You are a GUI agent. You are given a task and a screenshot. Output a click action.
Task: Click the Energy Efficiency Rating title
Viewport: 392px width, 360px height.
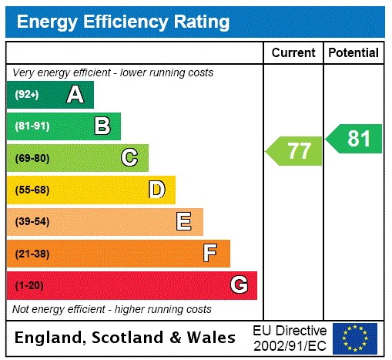coord(123,22)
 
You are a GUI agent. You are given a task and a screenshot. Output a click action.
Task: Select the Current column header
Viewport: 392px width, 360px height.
coord(293,53)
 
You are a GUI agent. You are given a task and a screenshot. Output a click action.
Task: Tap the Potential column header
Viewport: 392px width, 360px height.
coord(353,53)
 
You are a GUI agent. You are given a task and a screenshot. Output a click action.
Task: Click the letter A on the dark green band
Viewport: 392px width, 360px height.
coord(75,95)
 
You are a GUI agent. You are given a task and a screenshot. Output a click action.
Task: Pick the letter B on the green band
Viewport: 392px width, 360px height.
coord(102,126)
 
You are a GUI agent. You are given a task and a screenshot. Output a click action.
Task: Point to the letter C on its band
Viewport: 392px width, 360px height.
coord(129,158)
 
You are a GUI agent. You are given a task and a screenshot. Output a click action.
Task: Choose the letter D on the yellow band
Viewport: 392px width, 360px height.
coord(156,190)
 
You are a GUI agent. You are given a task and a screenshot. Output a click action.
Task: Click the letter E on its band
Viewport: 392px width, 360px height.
coord(184,222)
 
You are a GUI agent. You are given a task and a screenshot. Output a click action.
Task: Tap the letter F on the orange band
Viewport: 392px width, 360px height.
coord(210,253)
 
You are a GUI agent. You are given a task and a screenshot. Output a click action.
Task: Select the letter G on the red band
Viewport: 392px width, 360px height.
coord(239,285)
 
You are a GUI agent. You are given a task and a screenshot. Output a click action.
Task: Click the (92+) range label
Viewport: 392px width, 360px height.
coord(27,96)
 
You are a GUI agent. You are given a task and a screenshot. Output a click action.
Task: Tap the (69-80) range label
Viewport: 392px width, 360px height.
coord(32,159)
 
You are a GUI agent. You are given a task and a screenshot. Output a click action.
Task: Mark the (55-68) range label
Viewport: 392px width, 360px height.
coord(32,190)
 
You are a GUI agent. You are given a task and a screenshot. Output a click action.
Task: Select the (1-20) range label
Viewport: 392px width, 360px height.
coord(29,286)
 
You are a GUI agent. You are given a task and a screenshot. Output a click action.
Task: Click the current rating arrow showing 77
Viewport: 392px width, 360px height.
coord(294,151)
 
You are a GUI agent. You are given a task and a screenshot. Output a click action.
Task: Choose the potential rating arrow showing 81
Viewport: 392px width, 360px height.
coord(354,139)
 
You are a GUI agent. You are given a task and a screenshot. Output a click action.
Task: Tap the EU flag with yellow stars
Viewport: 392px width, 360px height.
coord(355,338)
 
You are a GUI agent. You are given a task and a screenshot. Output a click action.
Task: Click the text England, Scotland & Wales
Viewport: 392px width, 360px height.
coord(126,338)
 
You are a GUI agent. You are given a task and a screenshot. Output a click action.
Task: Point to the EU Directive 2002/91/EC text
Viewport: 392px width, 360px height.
coord(290,338)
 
